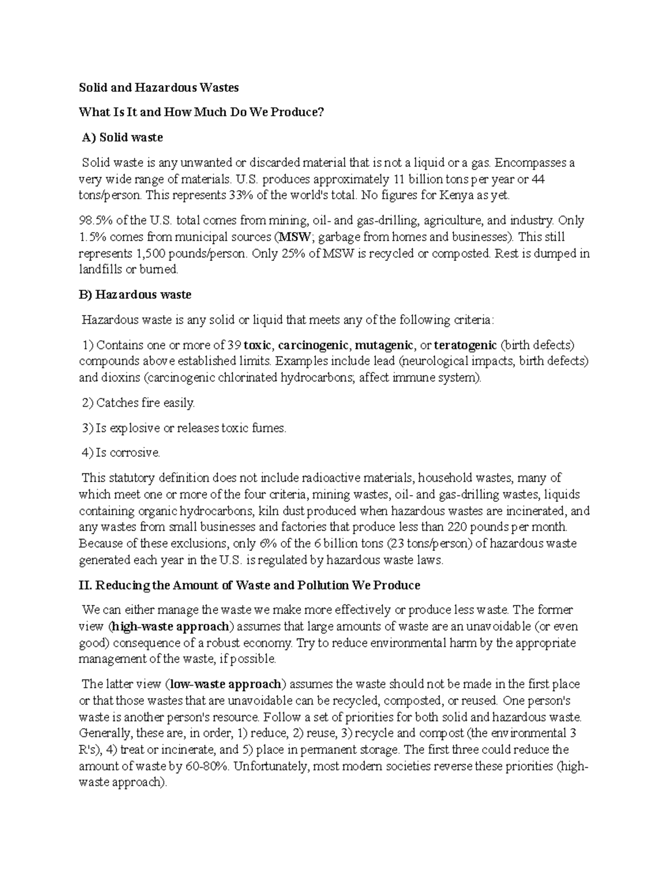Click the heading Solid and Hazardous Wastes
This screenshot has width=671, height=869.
(x=159, y=88)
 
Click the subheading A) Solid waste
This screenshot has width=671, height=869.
(x=122, y=138)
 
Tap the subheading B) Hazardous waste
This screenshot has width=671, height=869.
(x=135, y=295)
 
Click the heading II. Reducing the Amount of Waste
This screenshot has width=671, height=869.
(x=249, y=586)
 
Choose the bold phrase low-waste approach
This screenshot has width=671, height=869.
(x=225, y=684)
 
